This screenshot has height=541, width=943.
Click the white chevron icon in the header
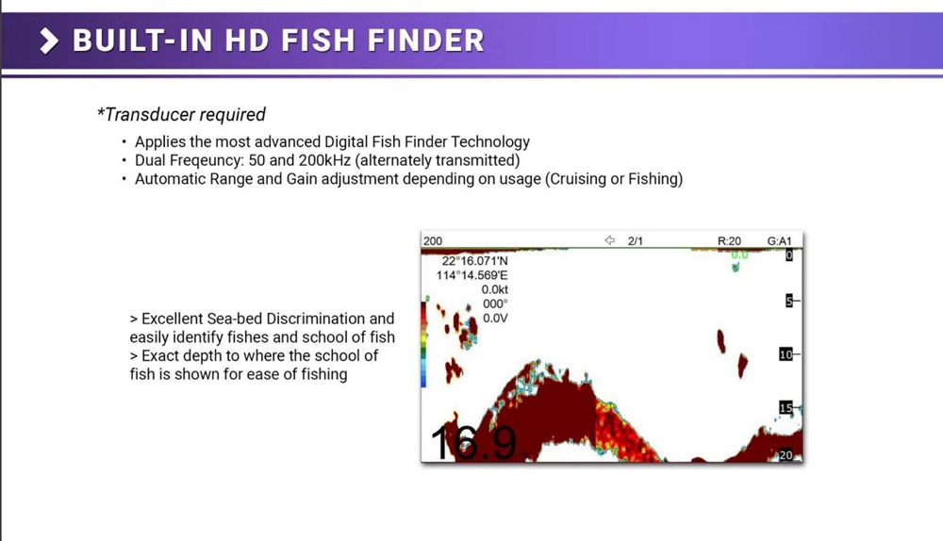point(49,41)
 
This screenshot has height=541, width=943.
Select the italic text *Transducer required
point(181,114)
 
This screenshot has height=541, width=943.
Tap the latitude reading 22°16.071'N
point(474,261)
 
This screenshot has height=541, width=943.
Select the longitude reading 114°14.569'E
point(472,275)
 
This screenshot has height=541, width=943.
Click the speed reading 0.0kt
point(494,289)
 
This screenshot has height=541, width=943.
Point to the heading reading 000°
point(495,304)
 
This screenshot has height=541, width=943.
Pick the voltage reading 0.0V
point(495,319)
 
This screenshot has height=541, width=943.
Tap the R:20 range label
point(729,241)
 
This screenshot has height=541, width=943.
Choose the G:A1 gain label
point(780,241)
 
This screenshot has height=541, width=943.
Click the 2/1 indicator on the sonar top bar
point(635,241)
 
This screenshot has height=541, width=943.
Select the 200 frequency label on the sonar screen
point(433,241)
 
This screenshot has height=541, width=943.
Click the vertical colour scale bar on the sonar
point(423,344)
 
